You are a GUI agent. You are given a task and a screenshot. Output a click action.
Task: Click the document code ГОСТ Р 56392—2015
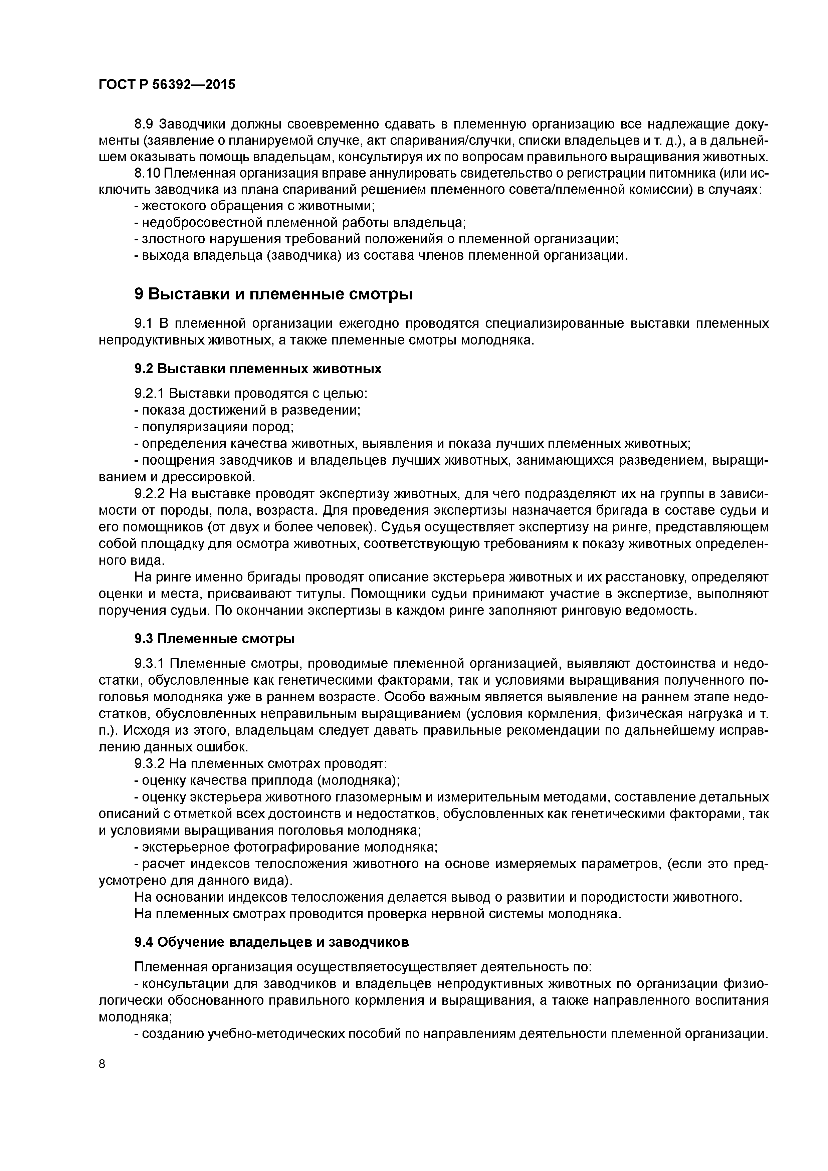point(167,85)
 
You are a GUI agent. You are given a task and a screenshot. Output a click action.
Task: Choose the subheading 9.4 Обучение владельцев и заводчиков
point(271,942)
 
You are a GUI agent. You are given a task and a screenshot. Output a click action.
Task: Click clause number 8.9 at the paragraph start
point(144,124)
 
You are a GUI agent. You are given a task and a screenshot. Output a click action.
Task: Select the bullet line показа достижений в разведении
point(247,410)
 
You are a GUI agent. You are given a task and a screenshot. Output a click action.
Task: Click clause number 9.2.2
point(150,493)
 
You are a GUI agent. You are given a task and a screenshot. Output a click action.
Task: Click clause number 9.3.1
point(150,664)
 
